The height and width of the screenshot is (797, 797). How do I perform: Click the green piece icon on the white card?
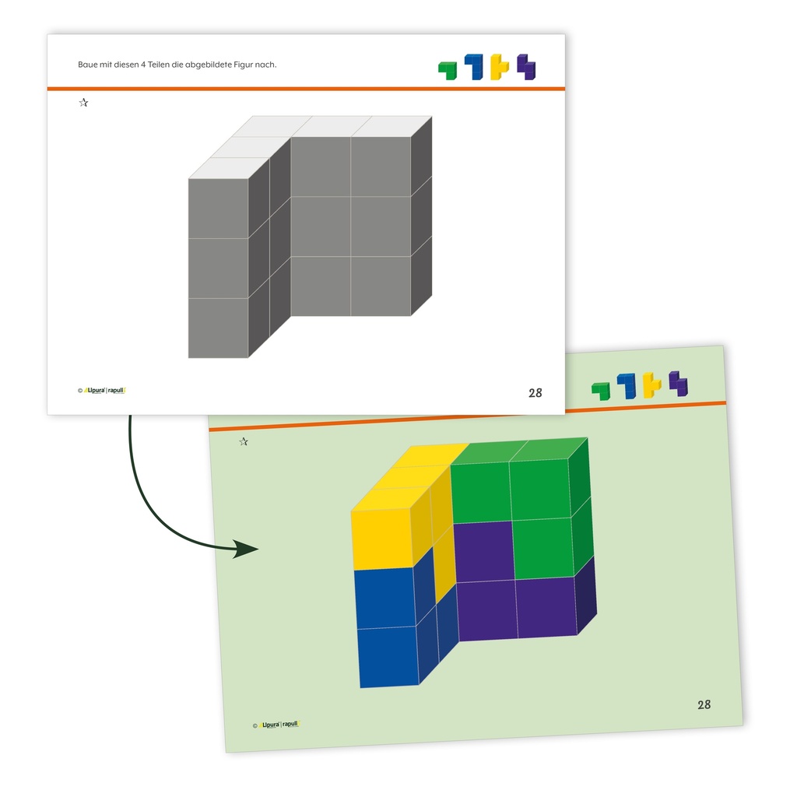click(448, 70)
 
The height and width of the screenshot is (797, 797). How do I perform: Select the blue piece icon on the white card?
click(474, 67)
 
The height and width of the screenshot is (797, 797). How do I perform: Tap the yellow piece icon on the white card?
click(499, 67)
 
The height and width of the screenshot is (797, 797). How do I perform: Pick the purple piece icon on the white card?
click(526, 67)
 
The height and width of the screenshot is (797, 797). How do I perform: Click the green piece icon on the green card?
click(601, 391)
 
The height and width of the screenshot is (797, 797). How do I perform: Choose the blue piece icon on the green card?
click(627, 386)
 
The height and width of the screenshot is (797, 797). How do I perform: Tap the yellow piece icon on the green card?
click(652, 384)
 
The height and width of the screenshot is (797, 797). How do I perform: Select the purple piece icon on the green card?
click(678, 383)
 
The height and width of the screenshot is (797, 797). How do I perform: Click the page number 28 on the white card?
click(535, 393)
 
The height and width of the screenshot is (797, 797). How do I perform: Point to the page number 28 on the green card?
click(704, 704)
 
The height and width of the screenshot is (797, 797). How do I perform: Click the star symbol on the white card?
click(84, 103)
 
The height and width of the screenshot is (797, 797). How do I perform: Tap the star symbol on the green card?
click(244, 441)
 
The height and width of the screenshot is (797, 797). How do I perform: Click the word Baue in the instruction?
click(87, 65)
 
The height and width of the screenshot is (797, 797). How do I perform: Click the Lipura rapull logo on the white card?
click(102, 391)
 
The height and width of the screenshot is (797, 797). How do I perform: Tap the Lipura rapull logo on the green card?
click(276, 725)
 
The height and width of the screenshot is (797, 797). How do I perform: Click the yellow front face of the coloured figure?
click(382, 539)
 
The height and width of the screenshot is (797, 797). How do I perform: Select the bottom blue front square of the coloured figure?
click(389, 657)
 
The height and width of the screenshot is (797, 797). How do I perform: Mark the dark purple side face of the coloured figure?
click(585, 595)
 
